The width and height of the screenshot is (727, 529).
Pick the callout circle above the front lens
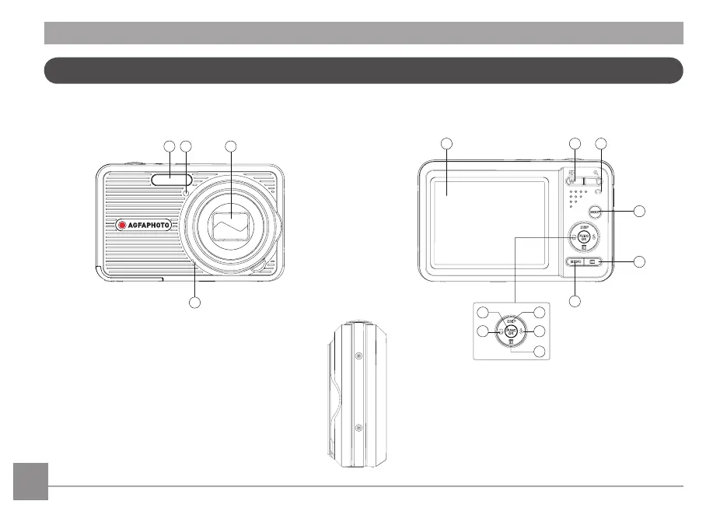coord(230,145)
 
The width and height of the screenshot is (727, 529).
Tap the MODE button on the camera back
coord(597,212)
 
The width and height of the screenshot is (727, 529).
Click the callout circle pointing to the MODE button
coord(639,211)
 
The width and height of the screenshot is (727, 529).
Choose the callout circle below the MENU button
coord(575,300)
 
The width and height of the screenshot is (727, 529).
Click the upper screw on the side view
coord(358,355)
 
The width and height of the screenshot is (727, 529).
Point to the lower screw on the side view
coord(358,428)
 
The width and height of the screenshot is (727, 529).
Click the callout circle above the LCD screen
coord(446,143)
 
